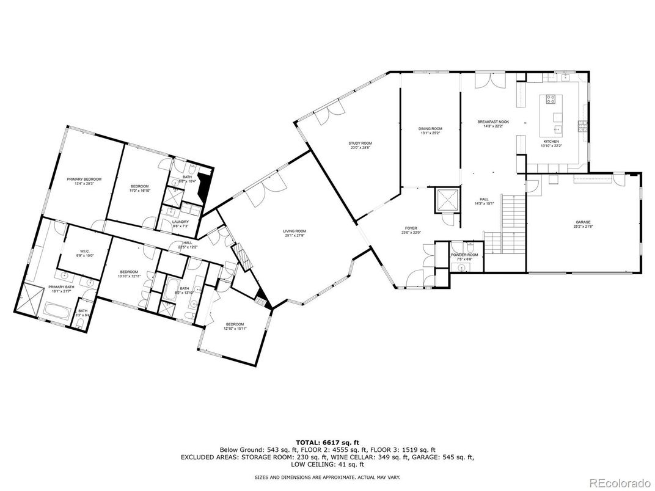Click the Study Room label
pos(360,143)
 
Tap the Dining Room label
pos(430,129)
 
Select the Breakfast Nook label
pos(493,122)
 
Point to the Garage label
pos(583,222)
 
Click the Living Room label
pos(295,231)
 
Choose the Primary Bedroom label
pos(84,179)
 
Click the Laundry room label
pos(180,222)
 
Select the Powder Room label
pos(464,255)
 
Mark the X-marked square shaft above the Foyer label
pos(447,200)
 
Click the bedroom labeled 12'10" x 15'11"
pos(235,327)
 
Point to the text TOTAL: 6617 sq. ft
pos(327,442)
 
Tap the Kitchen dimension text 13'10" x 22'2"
pos(551,146)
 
